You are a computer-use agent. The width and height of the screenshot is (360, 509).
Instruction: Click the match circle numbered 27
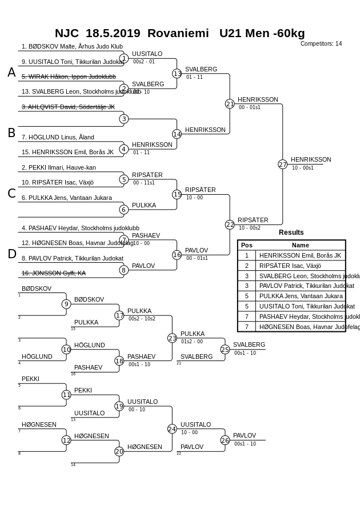tap(282, 165)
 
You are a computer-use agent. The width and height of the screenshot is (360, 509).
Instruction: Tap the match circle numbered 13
tap(177, 74)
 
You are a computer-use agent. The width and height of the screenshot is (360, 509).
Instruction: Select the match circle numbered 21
tap(230, 104)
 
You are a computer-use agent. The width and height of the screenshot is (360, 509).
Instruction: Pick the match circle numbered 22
tap(230, 225)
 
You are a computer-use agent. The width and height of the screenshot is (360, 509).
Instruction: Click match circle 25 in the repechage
tap(225, 349)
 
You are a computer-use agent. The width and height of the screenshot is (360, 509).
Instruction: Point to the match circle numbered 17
tap(119, 315)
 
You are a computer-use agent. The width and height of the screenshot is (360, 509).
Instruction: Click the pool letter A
tap(11, 73)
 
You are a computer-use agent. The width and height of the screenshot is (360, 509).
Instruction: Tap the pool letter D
tap(11, 254)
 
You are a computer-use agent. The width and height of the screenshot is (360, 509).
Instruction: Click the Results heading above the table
tap(291, 233)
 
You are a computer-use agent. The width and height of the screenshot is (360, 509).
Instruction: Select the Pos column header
tap(247, 245)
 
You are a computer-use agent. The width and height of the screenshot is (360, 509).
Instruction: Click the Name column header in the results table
tap(300, 245)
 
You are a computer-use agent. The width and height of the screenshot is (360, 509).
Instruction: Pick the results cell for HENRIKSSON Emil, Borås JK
tap(300, 255)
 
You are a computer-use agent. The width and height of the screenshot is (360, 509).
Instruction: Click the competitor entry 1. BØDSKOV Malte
tap(72, 46)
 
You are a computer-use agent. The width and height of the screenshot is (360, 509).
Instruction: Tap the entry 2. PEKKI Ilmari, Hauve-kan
tap(59, 167)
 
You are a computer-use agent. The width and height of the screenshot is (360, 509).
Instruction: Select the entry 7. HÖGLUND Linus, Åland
tap(58, 137)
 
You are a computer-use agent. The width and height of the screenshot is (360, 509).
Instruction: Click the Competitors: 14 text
tap(321, 43)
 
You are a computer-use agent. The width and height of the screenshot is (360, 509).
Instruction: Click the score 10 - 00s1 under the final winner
tap(303, 168)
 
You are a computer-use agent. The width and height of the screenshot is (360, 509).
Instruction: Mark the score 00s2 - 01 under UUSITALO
tap(144, 62)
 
